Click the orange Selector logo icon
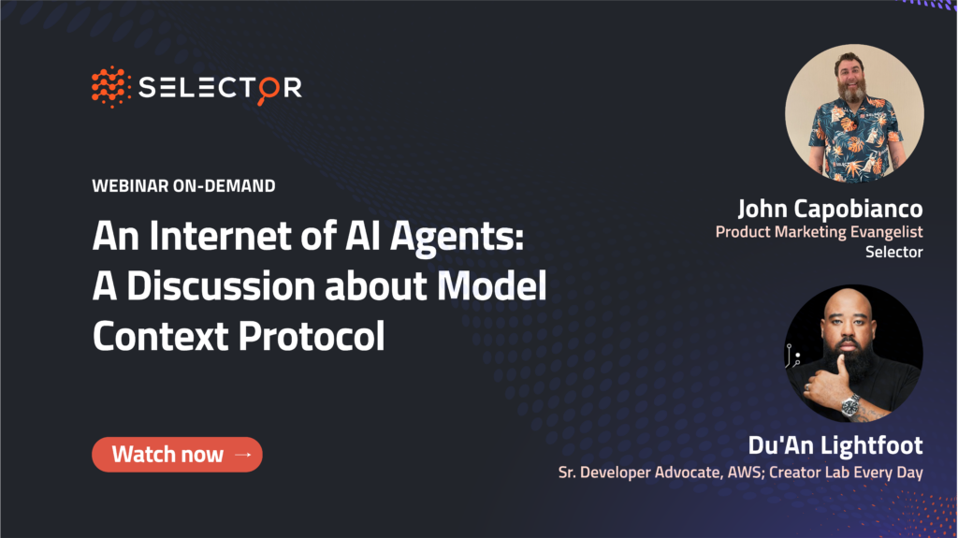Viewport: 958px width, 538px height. [x=111, y=87]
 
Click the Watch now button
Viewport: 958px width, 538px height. [x=177, y=454]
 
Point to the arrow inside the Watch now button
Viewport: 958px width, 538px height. [x=243, y=455]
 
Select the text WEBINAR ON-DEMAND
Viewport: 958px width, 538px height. [x=183, y=186]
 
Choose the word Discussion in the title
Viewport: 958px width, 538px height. [x=223, y=286]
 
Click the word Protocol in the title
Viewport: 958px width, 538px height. [x=312, y=336]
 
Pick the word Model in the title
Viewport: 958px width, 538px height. [x=492, y=286]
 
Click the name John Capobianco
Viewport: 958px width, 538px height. [x=831, y=209]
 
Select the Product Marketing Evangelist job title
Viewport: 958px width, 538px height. [x=820, y=232]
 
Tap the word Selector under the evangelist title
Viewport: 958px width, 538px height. [x=893, y=252]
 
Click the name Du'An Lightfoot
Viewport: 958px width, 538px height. [x=835, y=445]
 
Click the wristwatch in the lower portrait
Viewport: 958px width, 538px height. [x=849, y=405]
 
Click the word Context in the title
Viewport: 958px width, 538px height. [x=161, y=336]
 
